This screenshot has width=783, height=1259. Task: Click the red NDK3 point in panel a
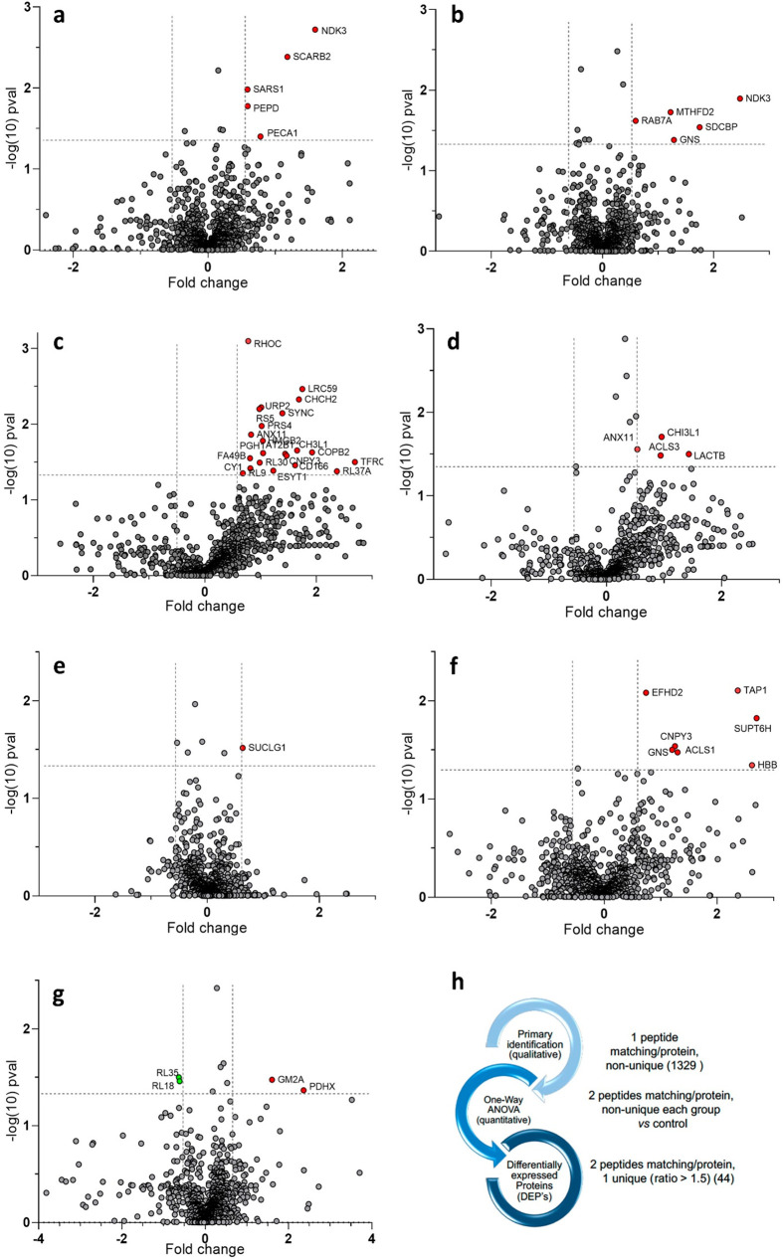tap(315, 30)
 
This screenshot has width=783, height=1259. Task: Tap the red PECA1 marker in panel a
tap(261, 136)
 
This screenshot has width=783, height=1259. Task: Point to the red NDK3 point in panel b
tap(740, 98)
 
